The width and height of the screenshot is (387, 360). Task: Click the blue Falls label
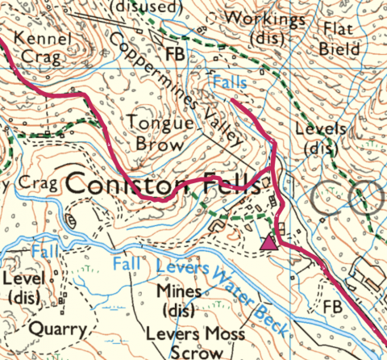tap(230, 82)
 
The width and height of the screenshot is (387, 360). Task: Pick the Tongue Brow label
tap(160, 134)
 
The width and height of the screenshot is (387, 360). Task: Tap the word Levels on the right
tap(320, 129)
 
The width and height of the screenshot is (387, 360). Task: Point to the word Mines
tap(179, 291)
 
